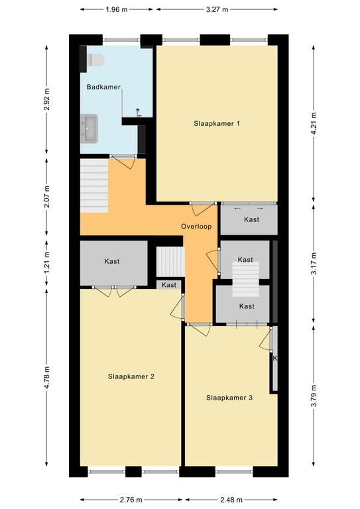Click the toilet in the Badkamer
[x=95, y=60]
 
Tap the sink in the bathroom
[x=89, y=128]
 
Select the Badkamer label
[x=103, y=87]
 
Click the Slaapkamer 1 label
[x=217, y=123]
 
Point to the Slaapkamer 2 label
[x=131, y=376]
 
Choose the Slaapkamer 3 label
[x=229, y=398]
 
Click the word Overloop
[x=196, y=227]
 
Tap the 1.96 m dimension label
[x=117, y=9]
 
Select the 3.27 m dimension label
[x=217, y=9]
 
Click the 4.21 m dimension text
[x=314, y=123]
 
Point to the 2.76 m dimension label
[x=131, y=500]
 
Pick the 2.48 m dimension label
[x=231, y=500]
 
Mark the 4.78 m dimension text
[x=47, y=377]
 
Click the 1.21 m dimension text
[x=47, y=263]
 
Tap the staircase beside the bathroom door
[x=94, y=186]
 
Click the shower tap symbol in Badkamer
[x=139, y=112]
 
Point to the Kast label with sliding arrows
[x=251, y=220]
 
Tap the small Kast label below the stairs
[x=169, y=285]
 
